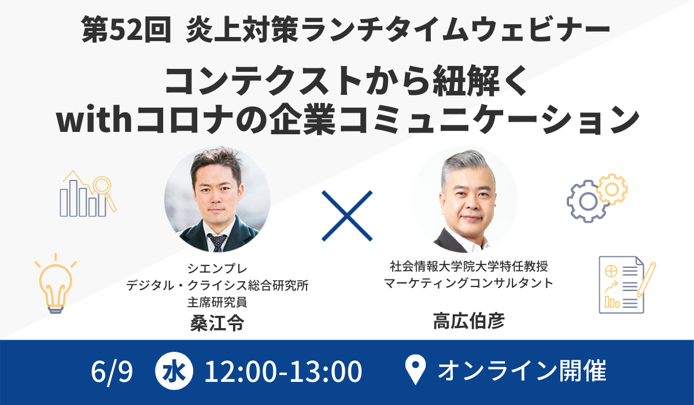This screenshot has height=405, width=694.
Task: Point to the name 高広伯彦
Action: point(468,321)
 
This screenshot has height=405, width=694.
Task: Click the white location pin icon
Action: point(415,371)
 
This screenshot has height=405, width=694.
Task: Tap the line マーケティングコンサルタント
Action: point(468,283)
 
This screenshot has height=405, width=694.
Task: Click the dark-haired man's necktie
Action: point(217,241)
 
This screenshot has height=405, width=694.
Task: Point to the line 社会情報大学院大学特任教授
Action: point(468,267)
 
